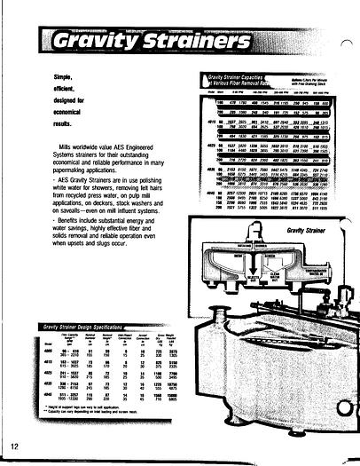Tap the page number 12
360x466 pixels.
[15, 445]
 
